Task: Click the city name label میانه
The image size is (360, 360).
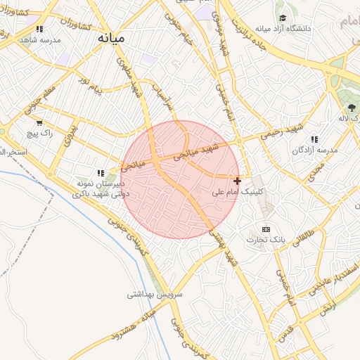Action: click(111, 37)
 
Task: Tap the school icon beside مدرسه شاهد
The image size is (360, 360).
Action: click(39, 30)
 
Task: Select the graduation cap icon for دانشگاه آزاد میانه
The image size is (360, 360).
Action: click(282, 18)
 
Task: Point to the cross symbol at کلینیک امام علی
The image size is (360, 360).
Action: click(237, 181)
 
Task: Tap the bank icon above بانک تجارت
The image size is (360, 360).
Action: click(266, 229)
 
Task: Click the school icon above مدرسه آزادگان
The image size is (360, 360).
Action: click(314, 139)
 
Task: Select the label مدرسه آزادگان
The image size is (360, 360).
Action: click(316, 150)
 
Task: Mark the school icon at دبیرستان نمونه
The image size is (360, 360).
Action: click(101, 172)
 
